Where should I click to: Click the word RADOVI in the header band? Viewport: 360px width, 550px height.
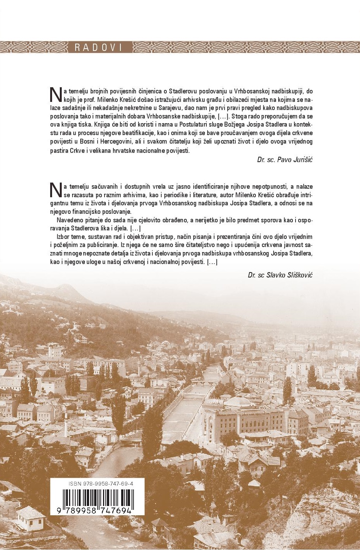click(x=98, y=47)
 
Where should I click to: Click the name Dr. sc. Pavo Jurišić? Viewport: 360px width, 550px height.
click(x=285, y=159)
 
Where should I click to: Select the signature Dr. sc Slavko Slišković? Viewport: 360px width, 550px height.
click(x=280, y=275)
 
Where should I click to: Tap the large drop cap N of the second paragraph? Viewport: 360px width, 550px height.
click(x=56, y=189)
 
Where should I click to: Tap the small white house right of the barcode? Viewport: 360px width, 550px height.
click(x=159, y=524)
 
